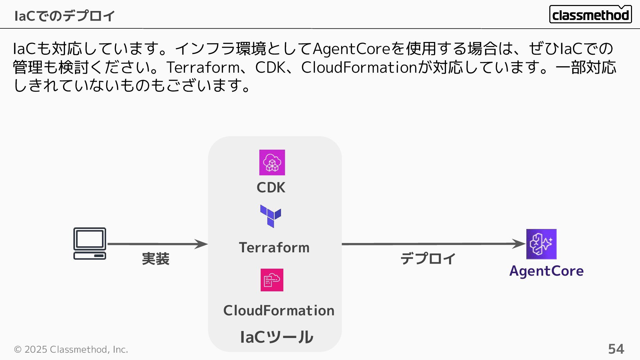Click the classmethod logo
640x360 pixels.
[590, 15]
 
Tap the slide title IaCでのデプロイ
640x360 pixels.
[65, 16]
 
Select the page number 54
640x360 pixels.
[616, 349]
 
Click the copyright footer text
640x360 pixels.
[71, 349]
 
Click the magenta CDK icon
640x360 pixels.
[272, 162]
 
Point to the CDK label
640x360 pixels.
[271, 188]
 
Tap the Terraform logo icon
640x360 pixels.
[271, 216]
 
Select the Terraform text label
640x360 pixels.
[274, 248]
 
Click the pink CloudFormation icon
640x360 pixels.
[272, 280]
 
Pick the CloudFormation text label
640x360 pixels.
[279, 311]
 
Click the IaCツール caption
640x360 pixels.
[276, 337]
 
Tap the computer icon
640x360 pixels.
[90, 243]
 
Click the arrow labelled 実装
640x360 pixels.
[157, 244]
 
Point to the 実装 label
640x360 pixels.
[156, 259]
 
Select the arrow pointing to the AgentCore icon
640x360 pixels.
[433, 244]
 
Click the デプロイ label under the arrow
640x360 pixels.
[428, 259]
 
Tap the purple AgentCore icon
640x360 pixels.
[541, 244]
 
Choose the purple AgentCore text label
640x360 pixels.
[546, 271]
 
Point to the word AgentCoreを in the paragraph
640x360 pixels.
[359, 49]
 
